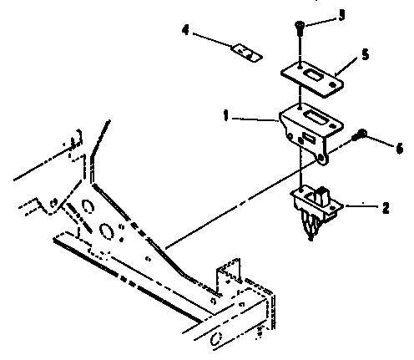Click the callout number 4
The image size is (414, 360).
click(185, 30)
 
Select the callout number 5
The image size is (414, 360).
click(366, 54)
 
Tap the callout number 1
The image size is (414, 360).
click(226, 115)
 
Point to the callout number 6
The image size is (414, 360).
click(400, 148)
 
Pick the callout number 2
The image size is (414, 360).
click(386, 208)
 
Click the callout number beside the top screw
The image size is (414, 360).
click(341, 15)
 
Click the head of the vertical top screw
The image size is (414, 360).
click(299, 25)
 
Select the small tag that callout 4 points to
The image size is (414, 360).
click(246, 53)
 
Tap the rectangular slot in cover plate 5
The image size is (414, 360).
click(312, 75)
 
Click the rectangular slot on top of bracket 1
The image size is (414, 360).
click(314, 115)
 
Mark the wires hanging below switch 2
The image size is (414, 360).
click(309, 226)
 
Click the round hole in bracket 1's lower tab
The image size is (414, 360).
click(321, 159)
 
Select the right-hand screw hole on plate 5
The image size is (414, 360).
click(332, 84)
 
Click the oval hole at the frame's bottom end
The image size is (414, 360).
click(215, 339)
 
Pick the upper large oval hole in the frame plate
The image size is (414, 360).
click(88, 206)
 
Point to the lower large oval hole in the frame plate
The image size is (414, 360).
click(106, 231)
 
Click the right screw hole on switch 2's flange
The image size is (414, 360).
click(331, 208)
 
